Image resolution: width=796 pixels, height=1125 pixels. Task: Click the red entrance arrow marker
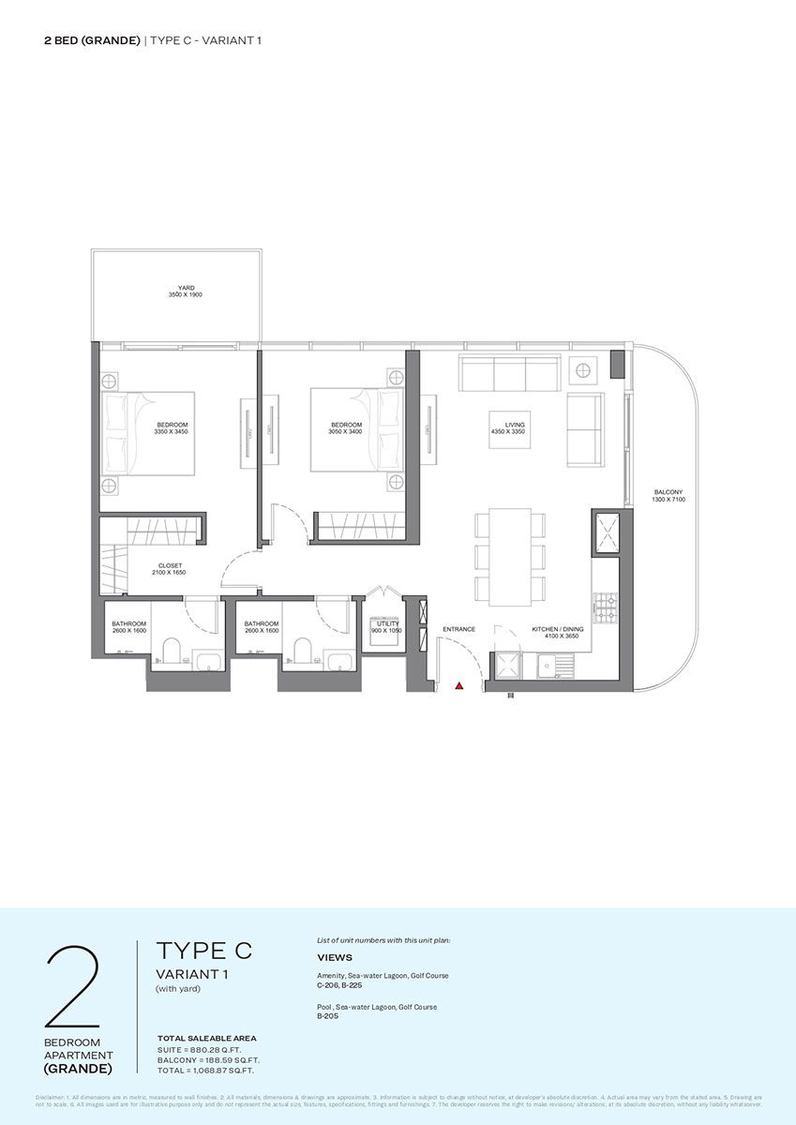(x=459, y=686)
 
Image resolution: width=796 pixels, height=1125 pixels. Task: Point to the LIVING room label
(x=515, y=426)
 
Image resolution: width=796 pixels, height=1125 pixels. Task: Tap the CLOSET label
(x=171, y=565)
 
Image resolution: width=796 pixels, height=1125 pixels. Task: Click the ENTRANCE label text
(x=459, y=629)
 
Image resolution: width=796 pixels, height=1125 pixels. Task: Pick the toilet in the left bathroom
(x=171, y=650)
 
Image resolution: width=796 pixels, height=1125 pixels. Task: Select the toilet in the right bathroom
(x=302, y=650)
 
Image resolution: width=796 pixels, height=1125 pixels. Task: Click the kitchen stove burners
(x=605, y=607)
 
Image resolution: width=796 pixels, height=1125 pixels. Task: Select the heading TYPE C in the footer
(x=203, y=950)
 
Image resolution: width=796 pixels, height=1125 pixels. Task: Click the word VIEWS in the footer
(x=335, y=958)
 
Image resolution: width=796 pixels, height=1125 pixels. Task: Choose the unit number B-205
(x=327, y=1015)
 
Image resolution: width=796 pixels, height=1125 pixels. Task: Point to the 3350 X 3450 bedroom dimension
(x=173, y=432)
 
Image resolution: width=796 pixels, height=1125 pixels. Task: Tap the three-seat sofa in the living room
(x=510, y=373)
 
